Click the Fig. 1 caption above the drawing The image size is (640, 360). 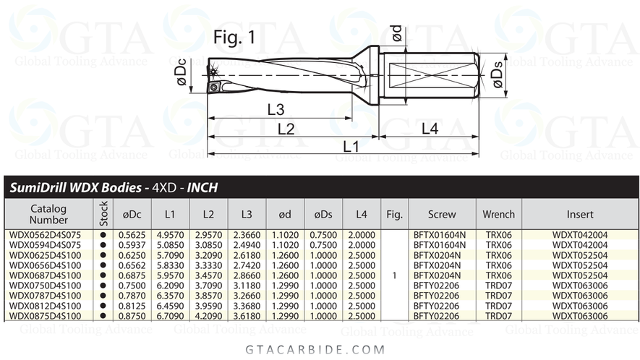(234, 38)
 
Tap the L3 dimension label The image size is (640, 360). (275, 110)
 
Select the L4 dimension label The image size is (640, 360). (430, 129)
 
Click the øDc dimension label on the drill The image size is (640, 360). (184, 75)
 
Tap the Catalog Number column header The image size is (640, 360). (48, 214)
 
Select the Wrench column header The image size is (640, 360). (499, 214)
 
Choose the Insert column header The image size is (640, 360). (580, 214)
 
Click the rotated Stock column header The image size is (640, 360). (103, 214)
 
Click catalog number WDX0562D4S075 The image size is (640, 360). (45, 235)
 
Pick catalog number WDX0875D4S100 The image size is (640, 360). (45, 316)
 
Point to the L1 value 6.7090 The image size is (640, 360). (170, 316)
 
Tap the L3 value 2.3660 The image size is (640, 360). (248, 235)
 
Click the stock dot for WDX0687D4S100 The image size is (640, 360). (103, 275)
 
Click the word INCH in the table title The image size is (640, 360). (202, 188)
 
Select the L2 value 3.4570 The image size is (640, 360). (209, 275)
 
